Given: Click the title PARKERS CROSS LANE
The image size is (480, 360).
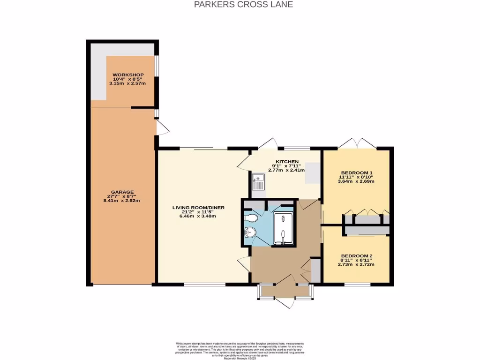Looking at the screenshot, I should (x=240, y=5).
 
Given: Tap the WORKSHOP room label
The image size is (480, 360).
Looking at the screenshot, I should (x=127, y=75).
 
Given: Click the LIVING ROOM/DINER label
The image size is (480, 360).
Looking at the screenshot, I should (x=195, y=207).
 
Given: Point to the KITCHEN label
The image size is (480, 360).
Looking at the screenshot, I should (x=287, y=162).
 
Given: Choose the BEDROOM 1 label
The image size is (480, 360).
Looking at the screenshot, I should (x=356, y=172).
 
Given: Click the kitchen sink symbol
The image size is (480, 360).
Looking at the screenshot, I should (x=258, y=181).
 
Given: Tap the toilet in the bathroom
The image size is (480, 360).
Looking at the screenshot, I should (x=252, y=218).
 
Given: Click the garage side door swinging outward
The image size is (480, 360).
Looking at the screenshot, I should (x=162, y=127).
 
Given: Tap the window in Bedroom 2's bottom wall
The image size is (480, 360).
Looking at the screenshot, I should (x=357, y=284).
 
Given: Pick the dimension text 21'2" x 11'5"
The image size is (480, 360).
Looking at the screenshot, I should (x=195, y=212).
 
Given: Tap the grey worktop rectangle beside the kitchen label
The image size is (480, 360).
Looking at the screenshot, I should (x=311, y=173).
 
